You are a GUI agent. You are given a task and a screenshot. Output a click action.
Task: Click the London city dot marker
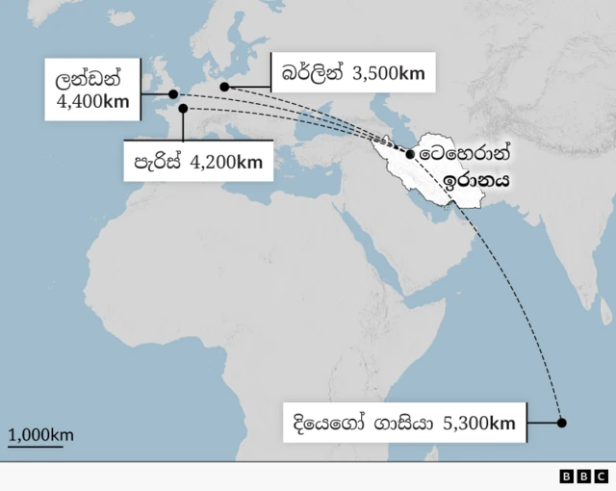click(173, 94)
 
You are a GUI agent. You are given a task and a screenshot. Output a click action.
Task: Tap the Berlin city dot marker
click(224, 87)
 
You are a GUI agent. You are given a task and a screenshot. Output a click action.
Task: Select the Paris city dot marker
click(183, 109)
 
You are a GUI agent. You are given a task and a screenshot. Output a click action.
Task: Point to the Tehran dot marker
click(411, 154)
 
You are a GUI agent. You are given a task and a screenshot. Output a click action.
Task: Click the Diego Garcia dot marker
click(562, 423)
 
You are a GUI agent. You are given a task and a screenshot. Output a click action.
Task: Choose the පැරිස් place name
click(160, 162)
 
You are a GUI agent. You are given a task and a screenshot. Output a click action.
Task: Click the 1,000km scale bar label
click(41, 435)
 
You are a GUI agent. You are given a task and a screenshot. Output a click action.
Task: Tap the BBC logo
click(583, 476)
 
